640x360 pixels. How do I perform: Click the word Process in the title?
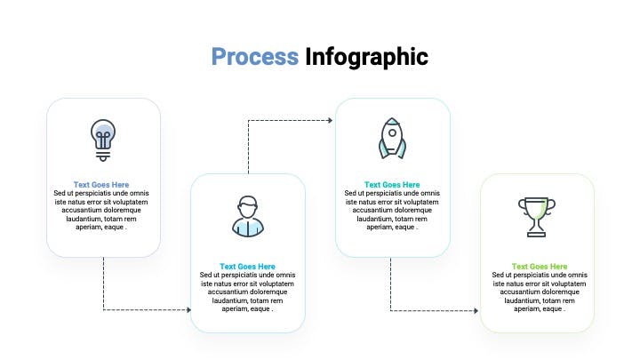tap(255, 56)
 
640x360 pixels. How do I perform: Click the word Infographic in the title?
tap(366, 58)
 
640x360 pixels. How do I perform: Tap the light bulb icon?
tap(103, 140)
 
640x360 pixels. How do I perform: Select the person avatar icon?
tap(248, 217)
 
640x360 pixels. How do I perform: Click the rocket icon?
tap(392, 139)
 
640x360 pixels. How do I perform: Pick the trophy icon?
tap(537, 217)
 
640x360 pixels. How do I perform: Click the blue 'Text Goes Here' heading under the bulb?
tap(101, 185)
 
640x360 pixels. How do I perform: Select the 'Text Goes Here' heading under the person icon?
tap(247, 266)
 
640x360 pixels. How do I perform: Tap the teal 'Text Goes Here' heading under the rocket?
tap(392, 185)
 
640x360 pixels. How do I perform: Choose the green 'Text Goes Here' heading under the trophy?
tap(540, 266)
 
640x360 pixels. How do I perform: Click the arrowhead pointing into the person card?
tap(188, 310)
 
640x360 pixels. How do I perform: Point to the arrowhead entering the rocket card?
tap(330, 120)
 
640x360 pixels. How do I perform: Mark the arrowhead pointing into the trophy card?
tap(476, 310)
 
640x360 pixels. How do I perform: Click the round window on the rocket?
tap(392, 132)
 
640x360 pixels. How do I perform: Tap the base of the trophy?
tap(537, 235)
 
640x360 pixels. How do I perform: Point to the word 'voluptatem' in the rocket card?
tap(420, 202)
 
